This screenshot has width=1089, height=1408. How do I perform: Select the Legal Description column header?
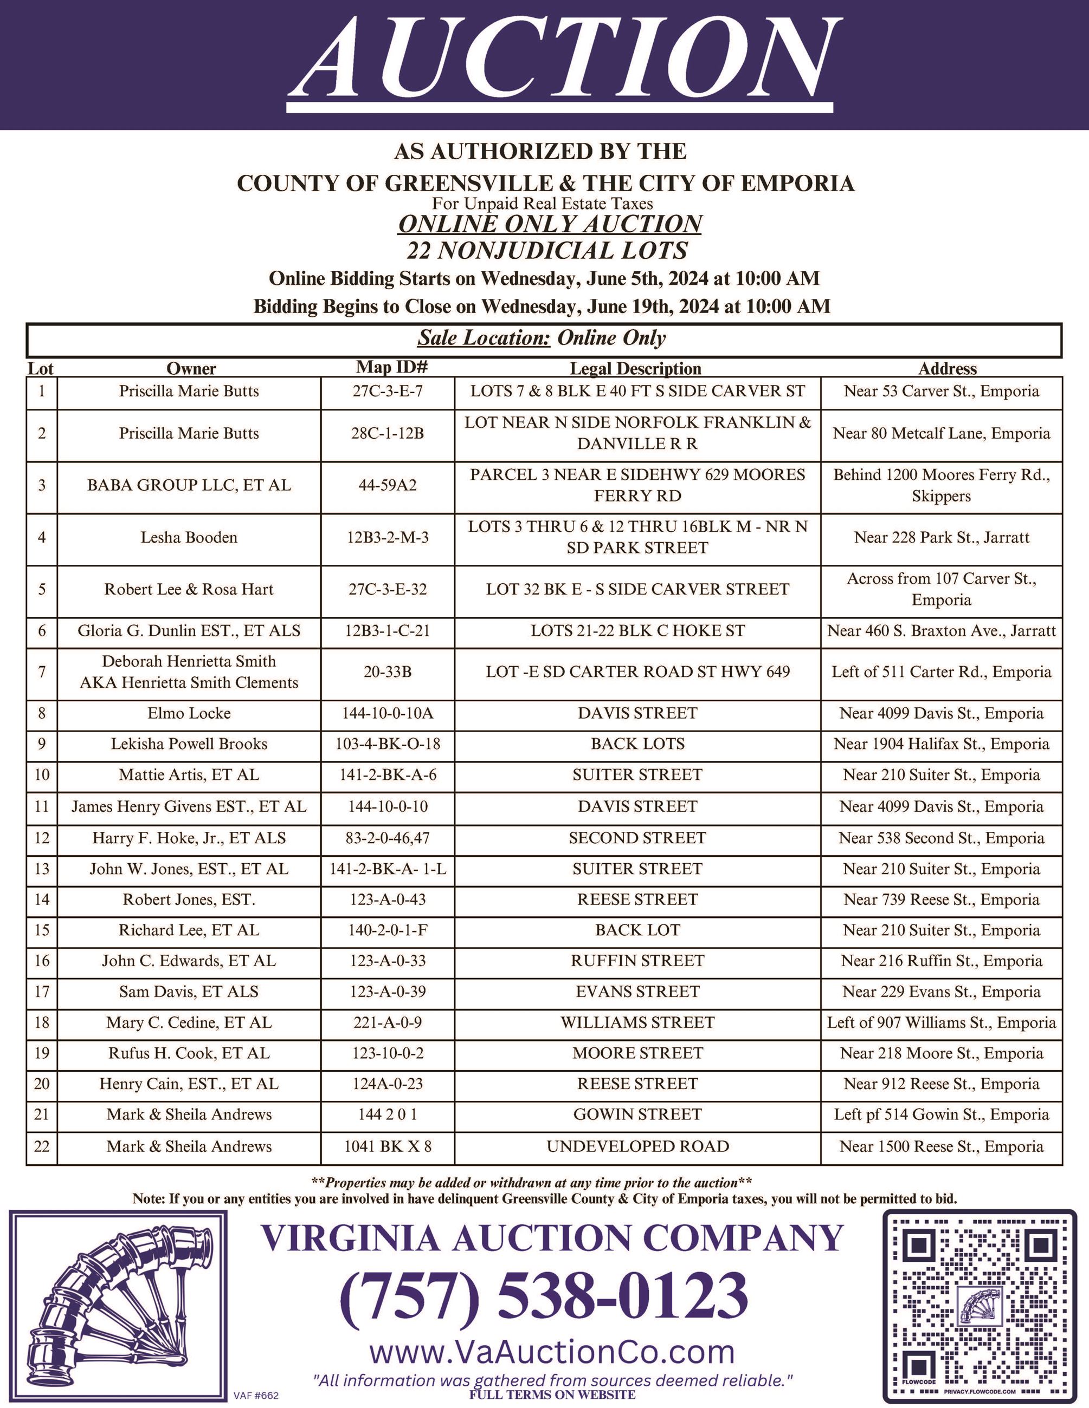click(635, 369)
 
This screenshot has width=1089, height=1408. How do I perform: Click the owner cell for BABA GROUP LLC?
click(189, 485)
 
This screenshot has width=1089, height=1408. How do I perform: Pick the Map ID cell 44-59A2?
click(388, 485)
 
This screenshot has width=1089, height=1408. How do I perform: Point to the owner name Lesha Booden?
click(189, 538)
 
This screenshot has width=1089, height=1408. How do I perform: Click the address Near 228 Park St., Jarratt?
click(941, 538)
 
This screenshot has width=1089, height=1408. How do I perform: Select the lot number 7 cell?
click(42, 672)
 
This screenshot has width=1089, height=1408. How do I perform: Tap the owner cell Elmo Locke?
click(189, 714)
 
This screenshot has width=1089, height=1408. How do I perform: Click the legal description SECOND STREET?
click(637, 838)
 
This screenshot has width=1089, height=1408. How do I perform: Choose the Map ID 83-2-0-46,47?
click(388, 838)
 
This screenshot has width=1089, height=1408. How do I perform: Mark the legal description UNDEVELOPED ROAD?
click(637, 1146)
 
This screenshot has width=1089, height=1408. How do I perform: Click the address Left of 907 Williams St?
click(941, 1022)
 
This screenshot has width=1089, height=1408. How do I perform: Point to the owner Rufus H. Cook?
click(189, 1053)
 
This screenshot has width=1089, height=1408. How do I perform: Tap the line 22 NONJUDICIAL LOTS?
click(547, 251)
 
